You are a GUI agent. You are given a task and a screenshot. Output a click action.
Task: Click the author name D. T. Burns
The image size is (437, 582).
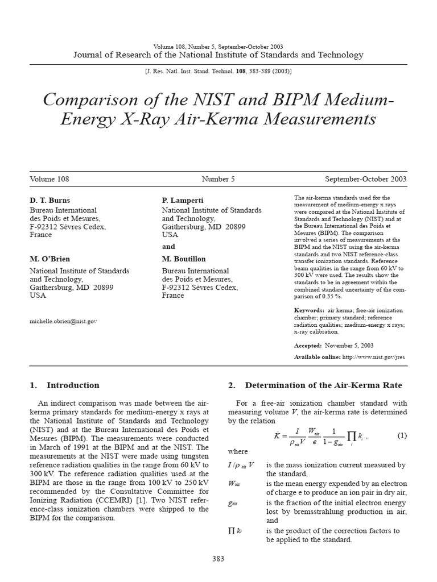(x=49, y=201)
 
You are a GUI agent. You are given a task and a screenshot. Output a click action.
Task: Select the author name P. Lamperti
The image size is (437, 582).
(x=183, y=201)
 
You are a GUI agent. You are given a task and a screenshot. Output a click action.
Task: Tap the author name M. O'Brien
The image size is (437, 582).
(x=51, y=259)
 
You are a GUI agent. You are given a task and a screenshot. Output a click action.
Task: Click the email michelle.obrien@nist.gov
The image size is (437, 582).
(x=63, y=321)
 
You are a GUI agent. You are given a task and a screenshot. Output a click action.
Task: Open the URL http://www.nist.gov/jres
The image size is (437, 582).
(x=373, y=357)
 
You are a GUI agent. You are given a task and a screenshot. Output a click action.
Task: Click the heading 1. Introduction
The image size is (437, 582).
(x=64, y=385)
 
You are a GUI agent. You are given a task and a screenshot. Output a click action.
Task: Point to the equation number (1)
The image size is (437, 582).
(x=402, y=436)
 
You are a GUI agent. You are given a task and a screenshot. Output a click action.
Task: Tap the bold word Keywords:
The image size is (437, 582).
(x=309, y=310)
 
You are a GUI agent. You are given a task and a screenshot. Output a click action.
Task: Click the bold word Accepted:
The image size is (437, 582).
(x=308, y=346)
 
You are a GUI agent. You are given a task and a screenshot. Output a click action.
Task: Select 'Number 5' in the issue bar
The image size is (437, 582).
(x=218, y=179)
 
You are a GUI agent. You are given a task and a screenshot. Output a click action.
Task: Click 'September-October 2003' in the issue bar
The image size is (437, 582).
(x=366, y=179)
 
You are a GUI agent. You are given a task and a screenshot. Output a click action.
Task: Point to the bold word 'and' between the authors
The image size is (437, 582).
(x=168, y=247)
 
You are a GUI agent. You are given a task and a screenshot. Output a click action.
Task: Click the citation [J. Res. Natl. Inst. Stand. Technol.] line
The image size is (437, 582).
(x=218, y=72)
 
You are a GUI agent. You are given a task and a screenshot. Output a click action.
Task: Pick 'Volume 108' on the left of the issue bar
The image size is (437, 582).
(x=50, y=179)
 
